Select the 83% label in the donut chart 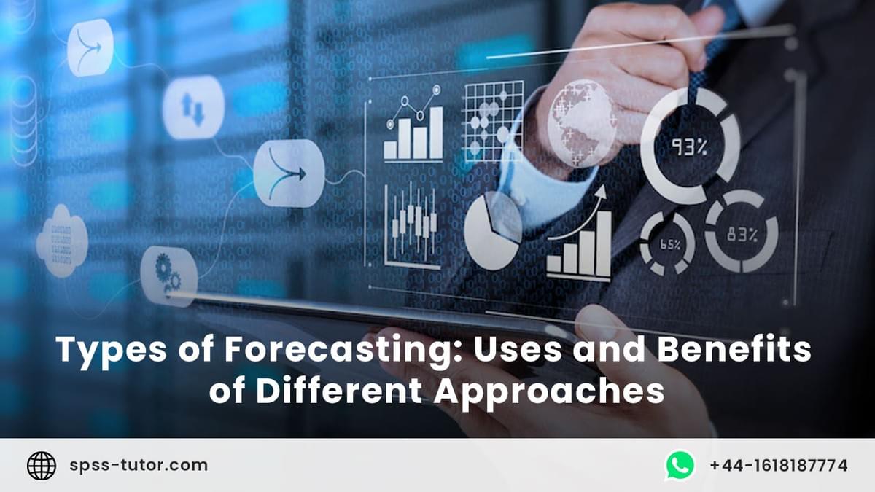pyautogui.click(x=742, y=235)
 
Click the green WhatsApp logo pyautogui.click(x=680, y=465)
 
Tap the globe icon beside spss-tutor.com pyautogui.click(x=42, y=465)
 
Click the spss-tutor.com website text pyautogui.click(x=139, y=465)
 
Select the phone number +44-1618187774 pyautogui.click(x=778, y=465)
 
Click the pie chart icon pyautogui.click(x=493, y=231)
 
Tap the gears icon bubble pyautogui.click(x=168, y=275)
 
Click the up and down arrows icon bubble pyautogui.click(x=192, y=108)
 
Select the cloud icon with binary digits pyautogui.click(x=63, y=241)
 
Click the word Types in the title pyautogui.click(x=99, y=350)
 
